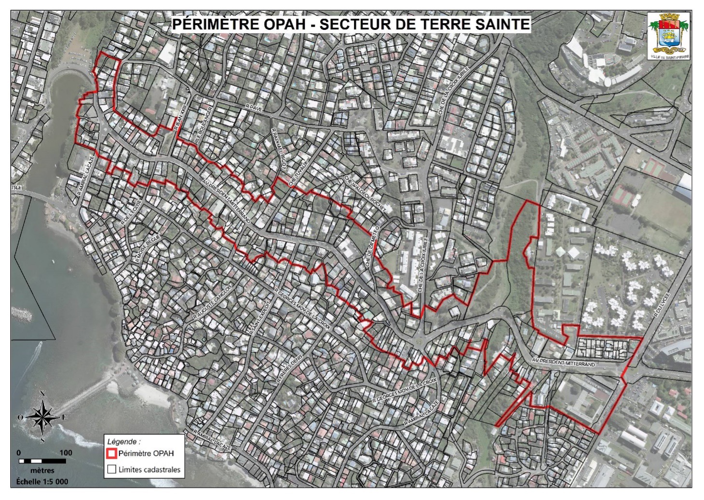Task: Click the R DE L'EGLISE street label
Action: click(x=132, y=212)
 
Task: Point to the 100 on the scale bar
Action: click(x=66, y=452)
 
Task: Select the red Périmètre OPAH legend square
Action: click(x=111, y=453)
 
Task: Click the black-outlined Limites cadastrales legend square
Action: click(x=111, y=469)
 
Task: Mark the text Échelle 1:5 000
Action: click(x=42, y=481)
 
